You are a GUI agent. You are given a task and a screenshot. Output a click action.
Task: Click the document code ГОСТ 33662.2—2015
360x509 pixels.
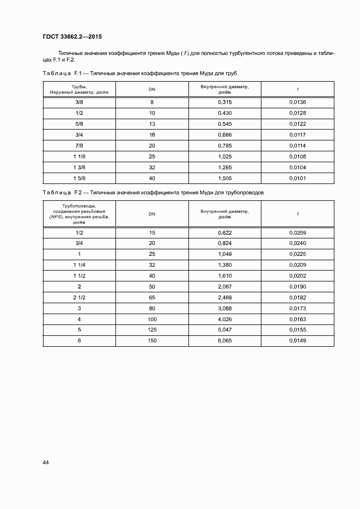tap(72, 38)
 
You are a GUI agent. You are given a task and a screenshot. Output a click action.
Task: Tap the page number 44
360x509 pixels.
tap(46, 462)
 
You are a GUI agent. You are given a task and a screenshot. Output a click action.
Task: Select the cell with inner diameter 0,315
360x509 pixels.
tap(224, 102)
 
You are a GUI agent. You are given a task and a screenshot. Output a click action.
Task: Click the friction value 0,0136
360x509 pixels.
tap(297, 102)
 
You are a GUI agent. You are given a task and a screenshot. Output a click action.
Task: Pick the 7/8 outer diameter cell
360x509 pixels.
tap(79, 145)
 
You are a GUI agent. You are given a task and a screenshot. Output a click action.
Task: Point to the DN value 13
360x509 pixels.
tap(152, 124)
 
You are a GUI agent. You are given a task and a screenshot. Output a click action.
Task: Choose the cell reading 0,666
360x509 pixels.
tap(224, 134)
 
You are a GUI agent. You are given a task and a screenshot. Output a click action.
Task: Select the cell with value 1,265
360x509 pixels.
tap(224, 167)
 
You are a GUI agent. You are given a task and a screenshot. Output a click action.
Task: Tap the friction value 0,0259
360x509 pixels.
tap(297, 232)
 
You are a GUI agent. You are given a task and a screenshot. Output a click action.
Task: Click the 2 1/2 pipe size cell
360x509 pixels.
tap(79, 297)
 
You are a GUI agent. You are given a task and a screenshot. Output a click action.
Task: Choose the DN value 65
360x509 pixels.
tap(152, 297)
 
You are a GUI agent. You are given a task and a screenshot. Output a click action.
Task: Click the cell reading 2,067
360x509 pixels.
tap(224, 286)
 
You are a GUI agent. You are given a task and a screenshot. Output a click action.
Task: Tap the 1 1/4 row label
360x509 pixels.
tap(79, 265)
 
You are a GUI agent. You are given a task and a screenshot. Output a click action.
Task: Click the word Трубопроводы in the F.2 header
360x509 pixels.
tap(79, 205)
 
